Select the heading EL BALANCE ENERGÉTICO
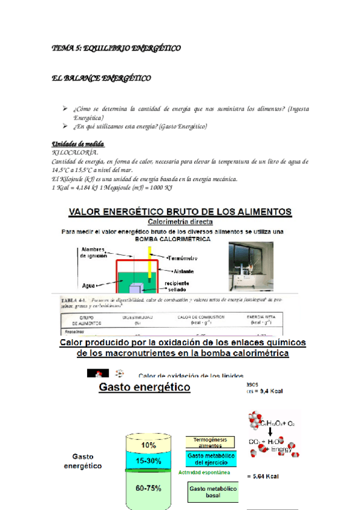coord(101,79)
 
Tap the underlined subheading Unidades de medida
coord(78,145)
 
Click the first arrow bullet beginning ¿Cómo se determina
coord(65,108)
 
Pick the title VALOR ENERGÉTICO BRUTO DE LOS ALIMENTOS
coord(181,212)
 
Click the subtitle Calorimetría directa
coord(180,221)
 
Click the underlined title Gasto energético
coord(144,387)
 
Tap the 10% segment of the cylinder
coord(148,446)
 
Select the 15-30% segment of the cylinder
coord(148,461)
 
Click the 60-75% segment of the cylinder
coord(148,488)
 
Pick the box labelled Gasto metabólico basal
coord(213,493)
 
